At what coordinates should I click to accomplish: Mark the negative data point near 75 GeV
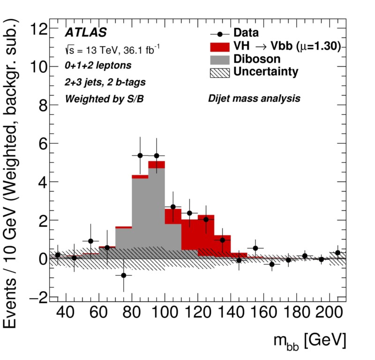(x=124, y=275)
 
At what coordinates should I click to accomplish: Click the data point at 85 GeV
(x=140, y=156)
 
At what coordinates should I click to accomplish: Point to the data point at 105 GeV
(x=173, y=207)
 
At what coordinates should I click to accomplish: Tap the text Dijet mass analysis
(x=254, y=99)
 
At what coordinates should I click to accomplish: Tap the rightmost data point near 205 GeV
(x=337, y=253)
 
